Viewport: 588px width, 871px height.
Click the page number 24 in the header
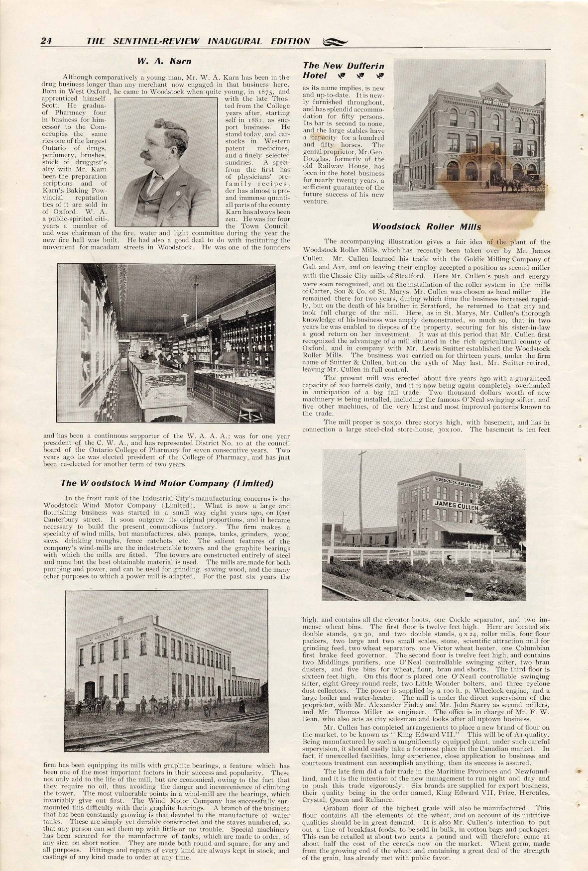coord(46,41)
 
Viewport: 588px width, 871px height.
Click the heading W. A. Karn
coord(164,61)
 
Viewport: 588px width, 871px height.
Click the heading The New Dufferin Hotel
coord(344,70)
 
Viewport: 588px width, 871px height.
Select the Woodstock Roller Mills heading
coord(427,227)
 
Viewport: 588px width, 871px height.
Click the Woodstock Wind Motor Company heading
coord(167,483)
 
